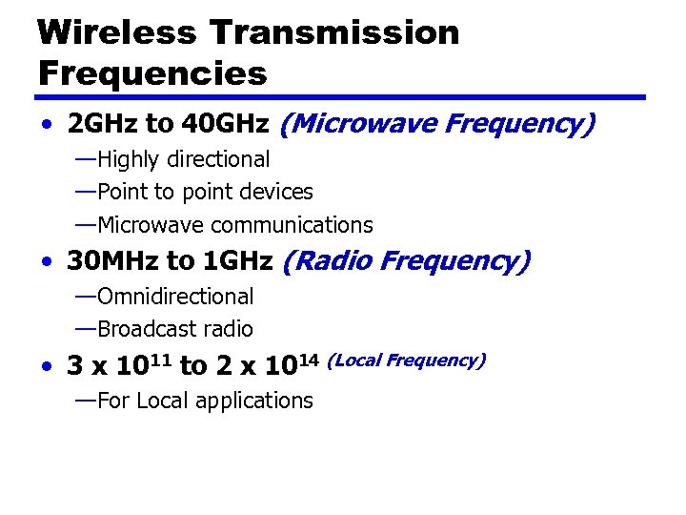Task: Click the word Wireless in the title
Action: pyautogui.click(x=116, y=32)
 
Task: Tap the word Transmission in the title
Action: pyautogui.click(x=333, y=32)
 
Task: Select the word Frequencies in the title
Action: pyautogui.click(x=152, y=72)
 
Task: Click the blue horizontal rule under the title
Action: pyautogui.click(x=341, y=97)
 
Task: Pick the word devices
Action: pyautogui.click(x=276, y=193)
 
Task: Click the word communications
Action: pyautogui.click(x=292, y=226)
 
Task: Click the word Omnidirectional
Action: pyautogui.click(x=175, y=298)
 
